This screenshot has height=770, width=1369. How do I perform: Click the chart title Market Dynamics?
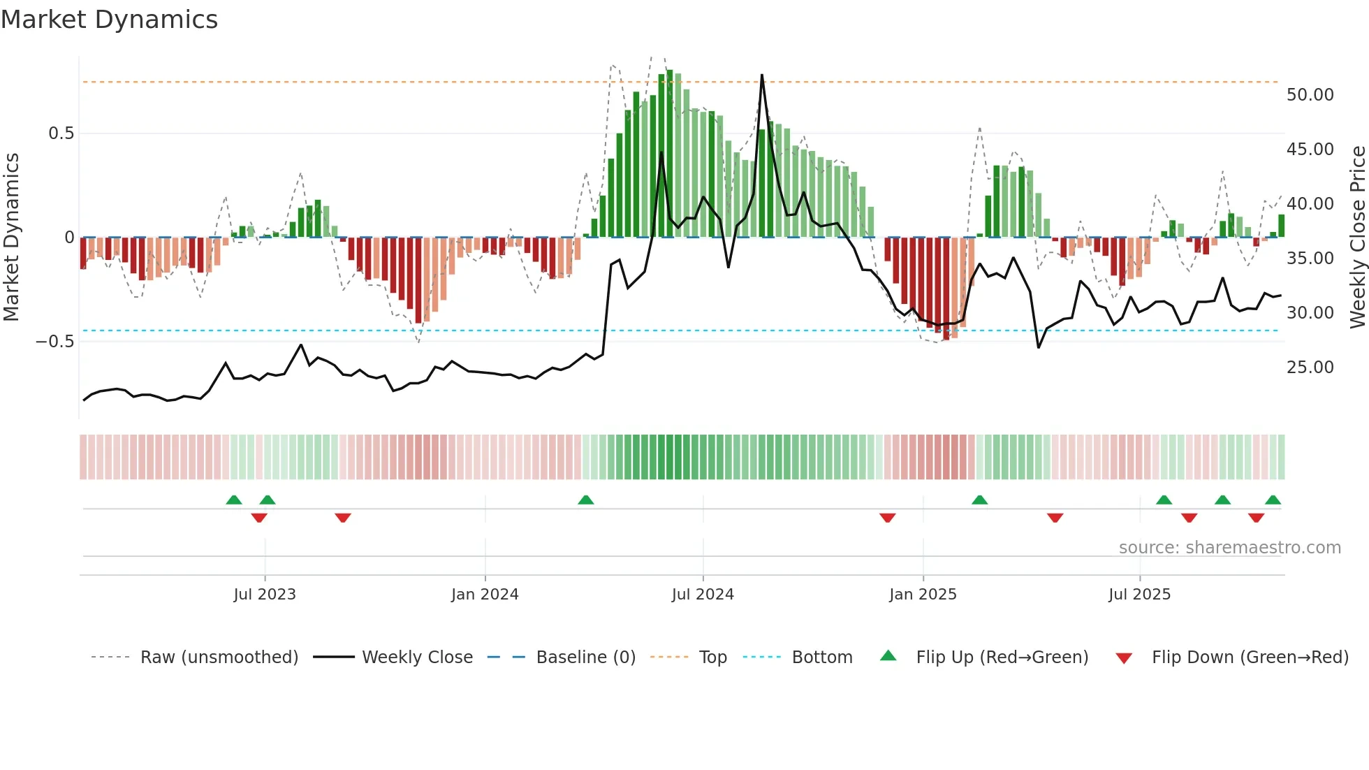pos(109,20)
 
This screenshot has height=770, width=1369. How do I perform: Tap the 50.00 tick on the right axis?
pos(1310,95)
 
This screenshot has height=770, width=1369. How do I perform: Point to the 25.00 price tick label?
pos(1310,368)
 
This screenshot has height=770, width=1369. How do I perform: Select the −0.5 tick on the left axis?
pos(55,342)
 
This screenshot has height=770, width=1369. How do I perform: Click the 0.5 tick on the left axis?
pos(61,133)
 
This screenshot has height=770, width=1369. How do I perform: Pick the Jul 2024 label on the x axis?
pos(702,595)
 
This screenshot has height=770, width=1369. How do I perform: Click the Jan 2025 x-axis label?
pos(922,595)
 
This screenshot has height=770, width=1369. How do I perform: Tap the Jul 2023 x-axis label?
pos(264,595)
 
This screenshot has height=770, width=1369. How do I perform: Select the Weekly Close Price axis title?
pos(1357,238)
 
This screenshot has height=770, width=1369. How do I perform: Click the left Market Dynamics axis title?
pos(12,238)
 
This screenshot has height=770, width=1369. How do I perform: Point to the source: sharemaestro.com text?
pos(1229,548)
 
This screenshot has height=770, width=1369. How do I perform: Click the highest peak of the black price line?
pos(761,75)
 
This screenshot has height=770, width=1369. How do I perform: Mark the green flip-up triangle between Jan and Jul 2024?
pos(586,500)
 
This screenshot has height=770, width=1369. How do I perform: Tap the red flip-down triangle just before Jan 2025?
pos(887,518)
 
